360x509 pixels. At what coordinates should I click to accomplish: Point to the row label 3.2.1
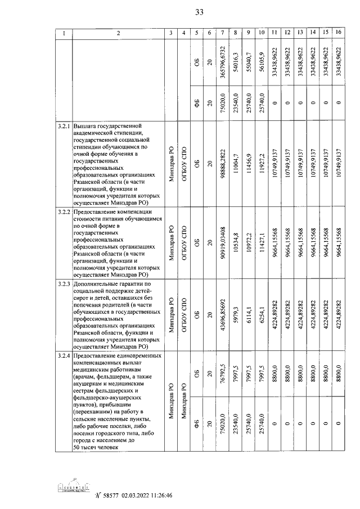tap(64, 125)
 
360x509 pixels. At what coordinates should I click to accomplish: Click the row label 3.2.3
tap(64, 285)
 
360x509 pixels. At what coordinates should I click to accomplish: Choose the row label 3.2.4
tap(64, 357)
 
